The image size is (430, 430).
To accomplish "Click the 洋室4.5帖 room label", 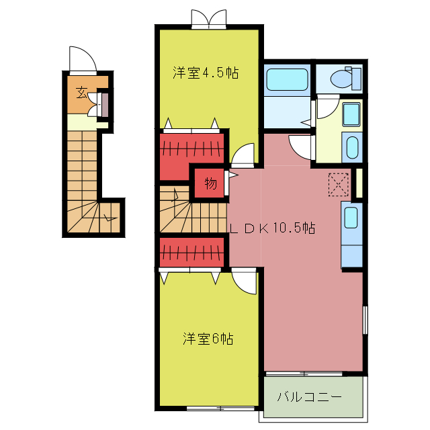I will click(206, 73).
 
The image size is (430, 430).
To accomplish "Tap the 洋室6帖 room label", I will click(208, 339).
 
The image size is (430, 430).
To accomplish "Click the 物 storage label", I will click(210, 183).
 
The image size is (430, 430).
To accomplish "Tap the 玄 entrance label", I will click(81, 92).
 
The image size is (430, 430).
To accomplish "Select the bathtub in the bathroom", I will click(287, 79).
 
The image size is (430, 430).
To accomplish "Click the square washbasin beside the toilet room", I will click(351, 114).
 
